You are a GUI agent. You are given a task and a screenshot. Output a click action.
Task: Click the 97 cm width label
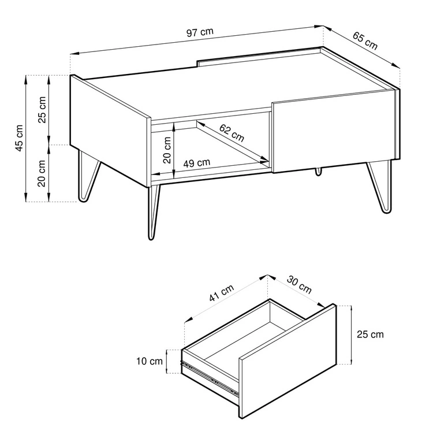pyautogui.click(x=200, y=32)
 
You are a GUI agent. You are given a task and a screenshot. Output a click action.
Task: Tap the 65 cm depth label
pyautogui.click(x=365, y=40)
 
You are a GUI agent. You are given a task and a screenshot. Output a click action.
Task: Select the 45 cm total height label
pyautogui.click(x=19, y=138)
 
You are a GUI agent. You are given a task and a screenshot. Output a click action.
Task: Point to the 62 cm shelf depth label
pyautogui.click(x=232, y=133)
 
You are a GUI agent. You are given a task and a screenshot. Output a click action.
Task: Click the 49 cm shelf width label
pyautogui.click(x=197, y=163)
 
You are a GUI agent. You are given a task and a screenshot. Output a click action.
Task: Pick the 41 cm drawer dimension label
pyautogui.click(x=221, y=293)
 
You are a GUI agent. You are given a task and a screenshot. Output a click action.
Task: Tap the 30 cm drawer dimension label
pyautogui.click(x=299, y=284)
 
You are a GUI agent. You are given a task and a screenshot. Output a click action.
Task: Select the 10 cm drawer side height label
pyautogui.click(x=150, y=361)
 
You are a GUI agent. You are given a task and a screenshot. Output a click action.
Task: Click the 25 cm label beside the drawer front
pyautogui.click(x=370, y=334)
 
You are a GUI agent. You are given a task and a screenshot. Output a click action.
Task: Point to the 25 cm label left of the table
pyautogui.click(x=42, y=109)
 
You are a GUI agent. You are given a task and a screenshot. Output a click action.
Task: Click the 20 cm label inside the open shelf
pyautogui.click(x=167, y=150)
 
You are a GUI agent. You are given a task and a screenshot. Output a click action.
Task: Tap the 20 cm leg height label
pyautogui.click(x=42, y=173)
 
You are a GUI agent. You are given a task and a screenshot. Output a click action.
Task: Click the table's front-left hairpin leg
pyautogui.click(x=153, y=212)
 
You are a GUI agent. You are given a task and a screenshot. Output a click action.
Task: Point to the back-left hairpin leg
pyautogui.click(x=88, y=177)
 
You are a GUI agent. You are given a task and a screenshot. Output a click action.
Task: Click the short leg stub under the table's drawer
pyautogui.click(x=319, y=172)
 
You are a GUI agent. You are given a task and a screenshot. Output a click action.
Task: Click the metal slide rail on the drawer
pyautogui.click(x=210, y=377)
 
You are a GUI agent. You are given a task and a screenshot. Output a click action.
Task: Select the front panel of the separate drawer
pyautogui.click(x=288, y=362)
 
